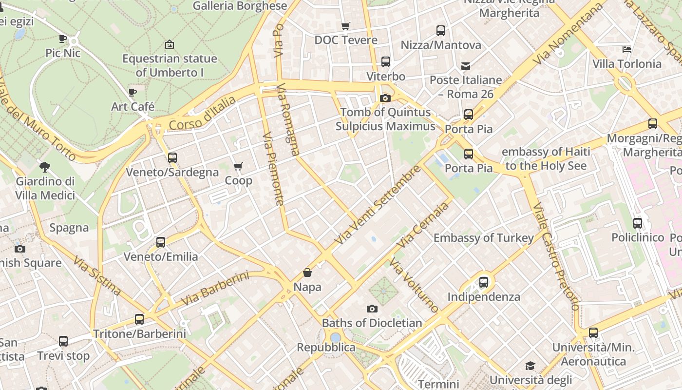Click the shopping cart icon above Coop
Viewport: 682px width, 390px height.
238,167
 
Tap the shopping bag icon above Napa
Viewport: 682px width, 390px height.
307,273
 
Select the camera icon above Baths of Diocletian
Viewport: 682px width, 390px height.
372,309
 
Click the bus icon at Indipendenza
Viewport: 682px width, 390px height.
483,282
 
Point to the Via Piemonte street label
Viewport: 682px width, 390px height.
273,169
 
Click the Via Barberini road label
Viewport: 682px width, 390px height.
215,289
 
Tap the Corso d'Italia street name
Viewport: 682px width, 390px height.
202,114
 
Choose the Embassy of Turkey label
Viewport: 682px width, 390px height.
483,238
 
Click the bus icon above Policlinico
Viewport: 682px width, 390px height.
638,223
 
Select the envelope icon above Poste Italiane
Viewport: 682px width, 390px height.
466,66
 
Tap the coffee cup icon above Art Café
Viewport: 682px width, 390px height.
133,92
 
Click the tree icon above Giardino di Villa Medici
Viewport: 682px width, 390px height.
45,167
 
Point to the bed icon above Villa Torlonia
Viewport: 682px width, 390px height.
627,50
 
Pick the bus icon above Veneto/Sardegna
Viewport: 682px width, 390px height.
172,158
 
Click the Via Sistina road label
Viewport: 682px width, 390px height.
97,275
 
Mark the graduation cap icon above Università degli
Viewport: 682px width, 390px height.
530,366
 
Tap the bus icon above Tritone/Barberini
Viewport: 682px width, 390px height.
139,319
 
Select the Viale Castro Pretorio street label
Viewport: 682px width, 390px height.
555,256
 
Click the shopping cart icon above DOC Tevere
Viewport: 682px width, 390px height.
346,26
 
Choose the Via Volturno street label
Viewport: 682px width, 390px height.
414,285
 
